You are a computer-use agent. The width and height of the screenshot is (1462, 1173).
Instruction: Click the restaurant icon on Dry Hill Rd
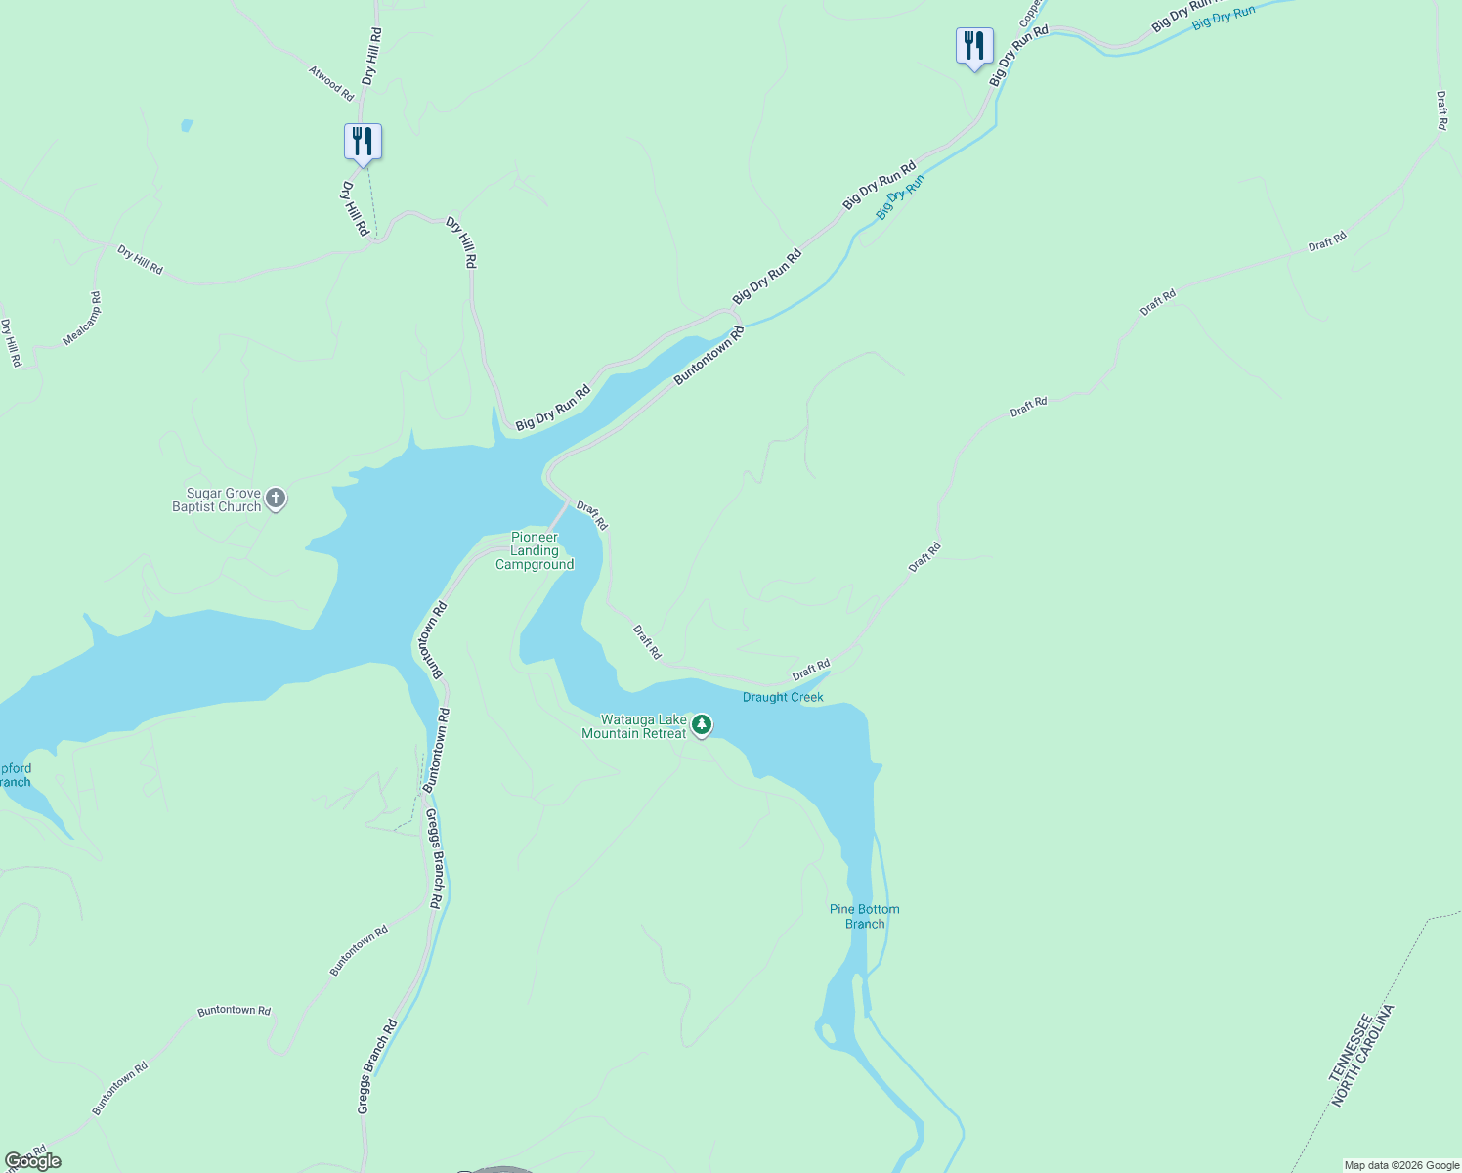click(363, 142)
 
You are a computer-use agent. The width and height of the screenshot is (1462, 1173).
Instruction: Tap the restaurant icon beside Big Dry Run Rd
click(974, 46)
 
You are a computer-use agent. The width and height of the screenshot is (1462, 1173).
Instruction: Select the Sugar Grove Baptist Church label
click(217, 500)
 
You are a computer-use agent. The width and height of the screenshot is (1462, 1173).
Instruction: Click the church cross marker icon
click(276, 500)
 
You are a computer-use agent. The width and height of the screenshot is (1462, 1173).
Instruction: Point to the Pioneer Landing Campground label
click(535, 550)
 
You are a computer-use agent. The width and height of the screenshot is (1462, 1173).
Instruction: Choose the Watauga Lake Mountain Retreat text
click(634, 726)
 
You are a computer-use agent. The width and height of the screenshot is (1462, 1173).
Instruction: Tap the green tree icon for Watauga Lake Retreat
click(702, 725)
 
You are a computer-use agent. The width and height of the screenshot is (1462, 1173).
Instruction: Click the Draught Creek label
click(783, 697)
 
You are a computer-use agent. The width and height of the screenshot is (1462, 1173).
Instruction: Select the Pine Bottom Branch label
click(864, 916)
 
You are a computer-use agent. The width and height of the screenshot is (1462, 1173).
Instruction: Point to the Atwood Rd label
click(331, 83)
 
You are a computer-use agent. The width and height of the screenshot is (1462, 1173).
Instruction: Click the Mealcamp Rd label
click(82, 319)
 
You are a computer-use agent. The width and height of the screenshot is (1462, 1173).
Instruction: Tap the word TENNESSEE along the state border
click(1350, 1047)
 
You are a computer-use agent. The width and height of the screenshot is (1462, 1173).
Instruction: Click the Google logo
click(31, 1160)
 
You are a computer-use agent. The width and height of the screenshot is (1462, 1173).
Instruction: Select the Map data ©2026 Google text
click(1401, 1165)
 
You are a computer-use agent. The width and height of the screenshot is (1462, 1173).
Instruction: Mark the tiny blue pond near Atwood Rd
click(186, 125)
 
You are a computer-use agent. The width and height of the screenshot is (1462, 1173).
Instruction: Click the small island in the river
click(829, 1032)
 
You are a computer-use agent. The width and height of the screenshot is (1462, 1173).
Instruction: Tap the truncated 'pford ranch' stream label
click(16, 775)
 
